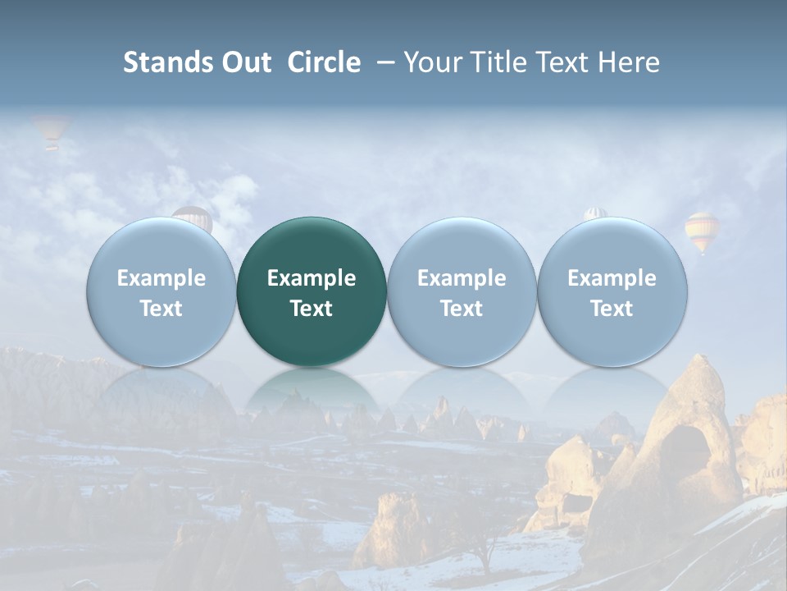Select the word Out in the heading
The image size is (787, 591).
pos(243,62)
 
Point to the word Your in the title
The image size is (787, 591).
pos(431,62)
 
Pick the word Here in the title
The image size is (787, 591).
pos(629,62)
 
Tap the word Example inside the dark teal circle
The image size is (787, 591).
pos(312,278)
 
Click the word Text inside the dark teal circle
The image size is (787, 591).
pos(312,309)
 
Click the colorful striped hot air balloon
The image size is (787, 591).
pos(702,231)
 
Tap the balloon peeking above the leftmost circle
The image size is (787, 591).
pos(193,216)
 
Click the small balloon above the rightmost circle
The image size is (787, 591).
pos(594,213)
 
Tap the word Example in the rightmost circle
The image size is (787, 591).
pos(612,278)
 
